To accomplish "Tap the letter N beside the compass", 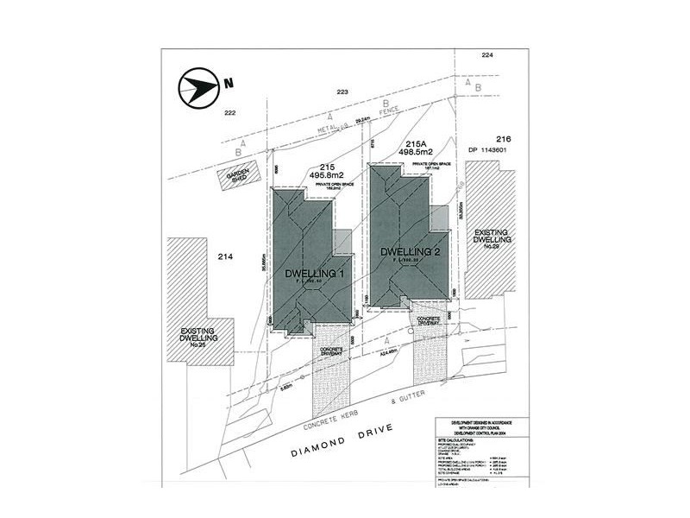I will click(x=229, y=85).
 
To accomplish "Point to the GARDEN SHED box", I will click(x=236, y=176).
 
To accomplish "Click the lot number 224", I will click(x=487, y=55).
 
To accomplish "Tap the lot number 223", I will click(x=342, y=91).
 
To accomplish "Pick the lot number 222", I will click(x=229, y=113).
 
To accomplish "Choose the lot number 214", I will click(x=227, y=256).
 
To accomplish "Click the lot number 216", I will click(x=505, y=139).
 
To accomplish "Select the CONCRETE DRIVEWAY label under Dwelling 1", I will click(x=332, y=351).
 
